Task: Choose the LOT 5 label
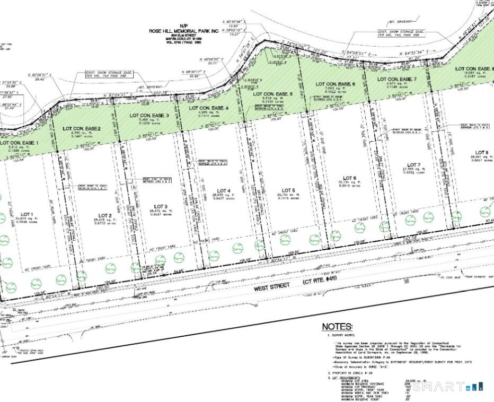click(x=288, y=190)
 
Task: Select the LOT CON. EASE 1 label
click(x=18, y=143)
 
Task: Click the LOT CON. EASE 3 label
click(x=146, y=115)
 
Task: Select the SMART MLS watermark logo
click(x=448, y=387)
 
